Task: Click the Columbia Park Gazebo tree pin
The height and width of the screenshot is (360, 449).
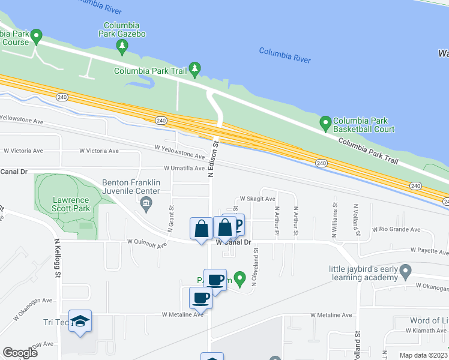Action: click(122, 46)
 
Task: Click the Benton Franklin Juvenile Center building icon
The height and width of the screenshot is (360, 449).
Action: click(146, 205)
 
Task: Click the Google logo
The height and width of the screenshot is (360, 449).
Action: click(20, 353)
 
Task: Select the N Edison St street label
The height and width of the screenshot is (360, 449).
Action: click(211, 159)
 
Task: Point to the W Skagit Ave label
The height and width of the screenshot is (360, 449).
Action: click(258, 199)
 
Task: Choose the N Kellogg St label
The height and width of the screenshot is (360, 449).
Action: click(58, 258)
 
